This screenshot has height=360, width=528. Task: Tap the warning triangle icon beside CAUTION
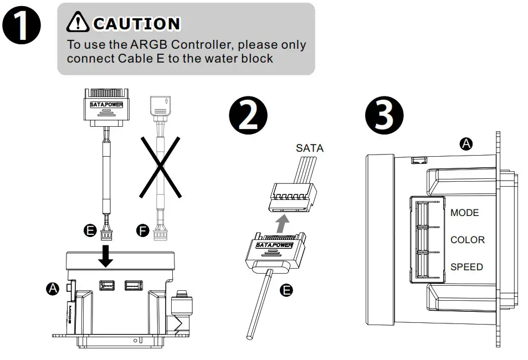coord(78,23)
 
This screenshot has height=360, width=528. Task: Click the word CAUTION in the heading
coord(137,24)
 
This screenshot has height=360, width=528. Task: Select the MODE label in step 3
coord(464,213)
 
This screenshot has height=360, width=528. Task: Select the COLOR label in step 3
coord(467,240)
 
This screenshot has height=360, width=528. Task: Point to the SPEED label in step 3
coord(466,267)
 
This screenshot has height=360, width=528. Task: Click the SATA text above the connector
coord(310,148)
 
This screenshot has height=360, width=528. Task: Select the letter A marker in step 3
coord(467,144)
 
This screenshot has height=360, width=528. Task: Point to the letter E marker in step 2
coord(286,290)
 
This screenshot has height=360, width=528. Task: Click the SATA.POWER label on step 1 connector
coord(106,104)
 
